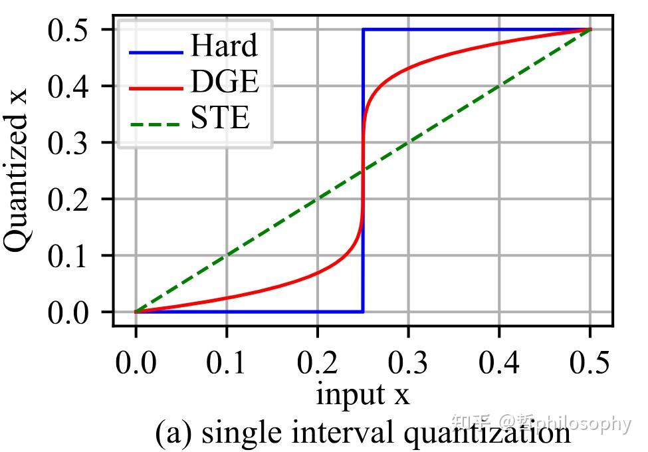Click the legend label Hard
223,47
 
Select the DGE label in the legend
224,82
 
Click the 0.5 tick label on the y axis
72,30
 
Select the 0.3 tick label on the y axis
72,143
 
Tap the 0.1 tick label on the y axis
72,256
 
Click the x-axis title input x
362,394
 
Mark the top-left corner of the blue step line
363,30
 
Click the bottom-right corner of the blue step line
363,312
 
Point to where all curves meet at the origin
136,312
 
